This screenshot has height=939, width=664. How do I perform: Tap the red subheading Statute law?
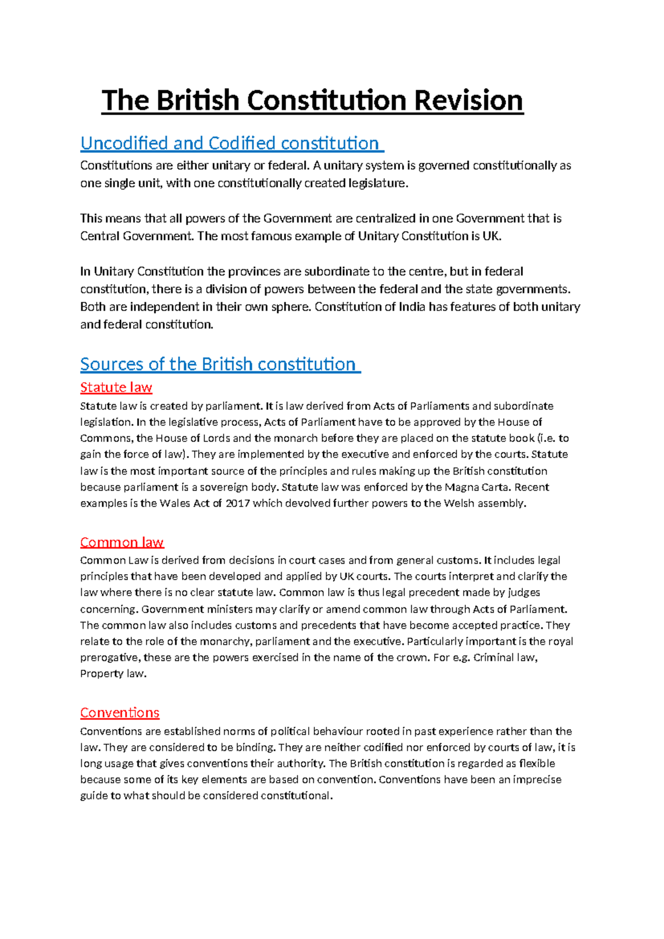pyautogui.click(x=116, y=387)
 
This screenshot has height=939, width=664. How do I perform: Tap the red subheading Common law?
pyautogui.click(x=122, y=542)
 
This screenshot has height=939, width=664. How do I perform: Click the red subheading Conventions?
pyautogui.click(x=120, y=713)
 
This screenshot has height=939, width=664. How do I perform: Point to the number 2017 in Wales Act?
pyautogui.click(x=237, y=504)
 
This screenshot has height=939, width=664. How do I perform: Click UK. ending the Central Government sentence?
pyautogui.click(x=492, y=236)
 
